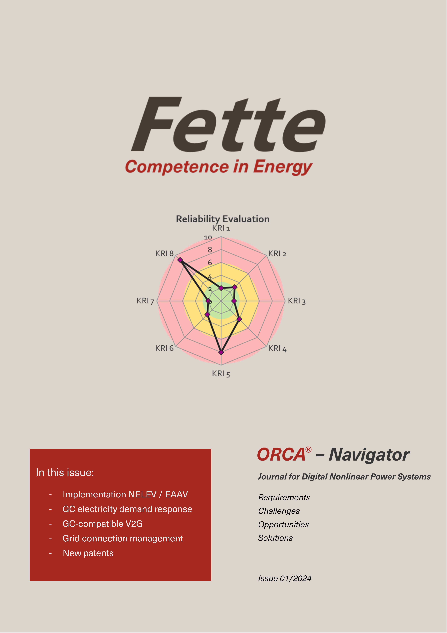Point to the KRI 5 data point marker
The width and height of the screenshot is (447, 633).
pyautogui.click(x=221, y=352)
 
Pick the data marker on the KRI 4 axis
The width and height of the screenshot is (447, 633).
pyautogui.click(x=239, y=319)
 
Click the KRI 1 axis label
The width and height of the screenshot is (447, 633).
pyautogui.click(x=221, y=228)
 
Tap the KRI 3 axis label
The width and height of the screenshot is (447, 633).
pyautogui.click(x=296, y=301)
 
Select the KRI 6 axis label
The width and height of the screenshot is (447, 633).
pyautogui.click(x=164, y=348)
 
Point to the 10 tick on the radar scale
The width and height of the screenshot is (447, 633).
pyautogui.click(x=208, y=237)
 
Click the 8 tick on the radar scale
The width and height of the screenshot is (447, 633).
pyautogui.click(x=210, y=250)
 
